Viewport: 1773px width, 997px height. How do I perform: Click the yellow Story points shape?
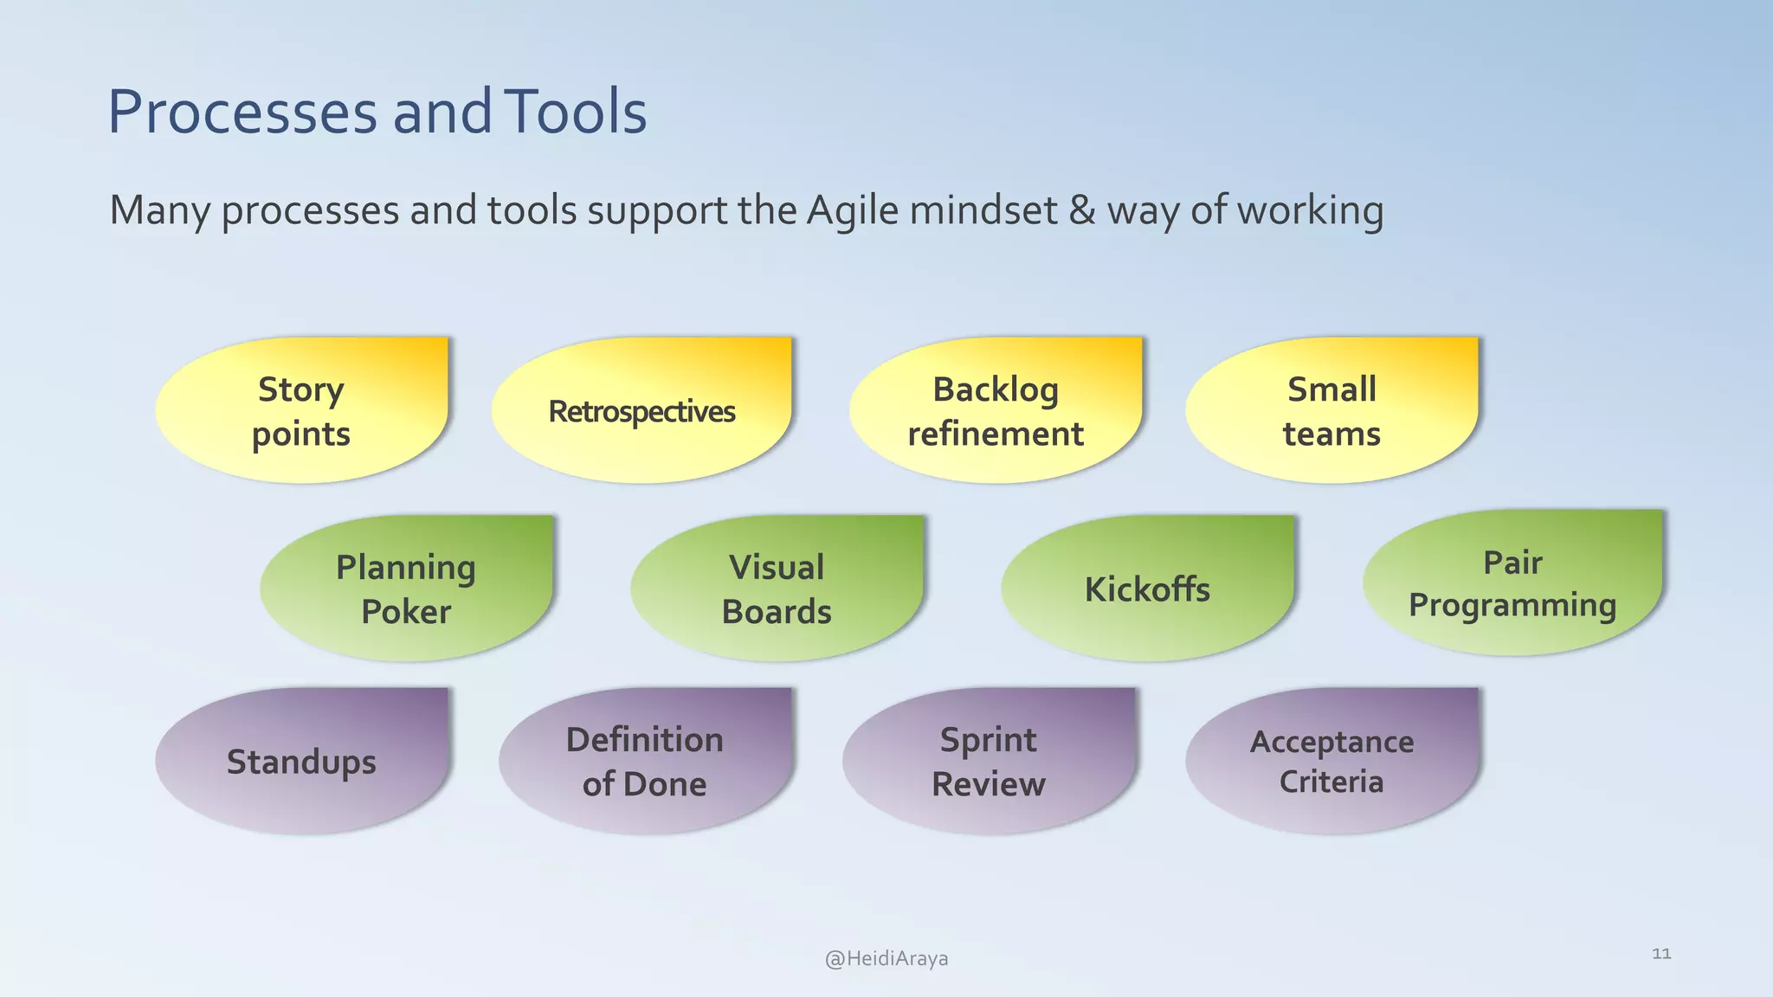(301, 410)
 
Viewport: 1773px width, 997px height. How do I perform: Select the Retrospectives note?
(642, 410)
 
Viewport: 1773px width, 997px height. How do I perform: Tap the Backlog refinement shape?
(996, 410)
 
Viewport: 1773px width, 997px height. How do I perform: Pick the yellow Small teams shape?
(1331, 410)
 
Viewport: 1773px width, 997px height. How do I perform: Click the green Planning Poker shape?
(406, 589)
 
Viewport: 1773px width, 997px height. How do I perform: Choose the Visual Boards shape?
(777, 589)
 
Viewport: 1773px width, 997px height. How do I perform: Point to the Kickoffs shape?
(1147, 589)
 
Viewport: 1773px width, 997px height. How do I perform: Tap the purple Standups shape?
(301, 761)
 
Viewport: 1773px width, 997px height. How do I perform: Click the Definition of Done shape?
(645, 761)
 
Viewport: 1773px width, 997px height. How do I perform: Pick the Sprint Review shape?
(989, 761)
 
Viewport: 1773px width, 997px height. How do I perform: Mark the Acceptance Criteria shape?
(1331, 761)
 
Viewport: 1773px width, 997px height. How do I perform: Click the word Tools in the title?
(575, 113)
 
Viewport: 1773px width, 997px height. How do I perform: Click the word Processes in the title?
(242, 113)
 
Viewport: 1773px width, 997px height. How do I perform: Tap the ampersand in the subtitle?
(1082, 210)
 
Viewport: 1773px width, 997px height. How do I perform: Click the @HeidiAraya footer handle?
(886, 958)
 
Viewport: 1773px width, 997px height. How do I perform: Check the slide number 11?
(1661, 954)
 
